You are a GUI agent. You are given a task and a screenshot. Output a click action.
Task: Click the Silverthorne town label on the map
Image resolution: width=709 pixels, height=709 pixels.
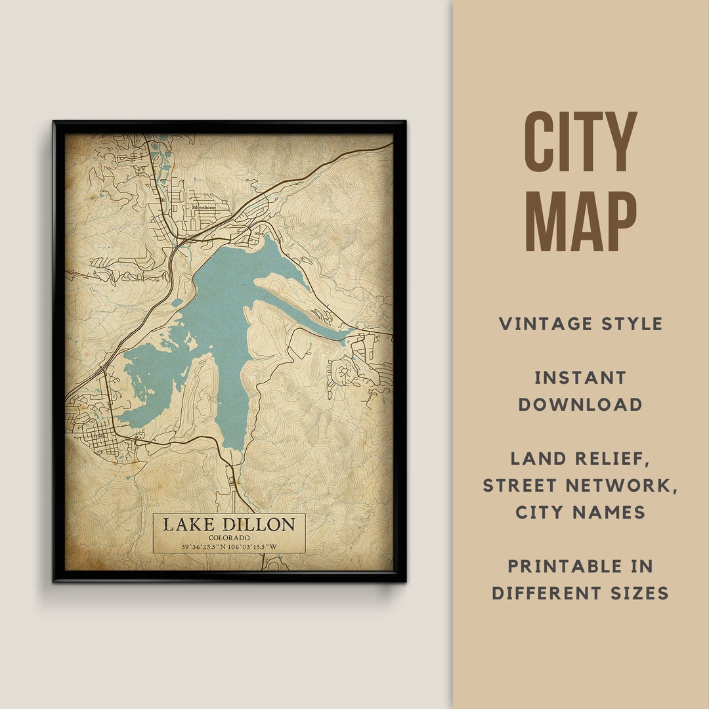coord(204,207)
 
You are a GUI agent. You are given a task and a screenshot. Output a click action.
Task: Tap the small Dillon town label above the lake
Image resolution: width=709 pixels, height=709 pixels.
coord(259,233)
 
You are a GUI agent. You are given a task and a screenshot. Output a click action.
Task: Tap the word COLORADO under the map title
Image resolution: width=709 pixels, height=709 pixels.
coord(229,538)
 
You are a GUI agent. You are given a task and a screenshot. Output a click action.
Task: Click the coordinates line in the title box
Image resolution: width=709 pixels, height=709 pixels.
coord(229,547)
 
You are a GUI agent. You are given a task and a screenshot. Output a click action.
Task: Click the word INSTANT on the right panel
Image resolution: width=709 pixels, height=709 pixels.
coord(580,377)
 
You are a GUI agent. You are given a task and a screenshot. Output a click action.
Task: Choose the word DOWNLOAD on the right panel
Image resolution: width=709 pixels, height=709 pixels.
coord(580,404)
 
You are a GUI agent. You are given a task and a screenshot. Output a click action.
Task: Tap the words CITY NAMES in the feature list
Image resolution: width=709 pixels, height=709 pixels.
coord(580,513)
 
